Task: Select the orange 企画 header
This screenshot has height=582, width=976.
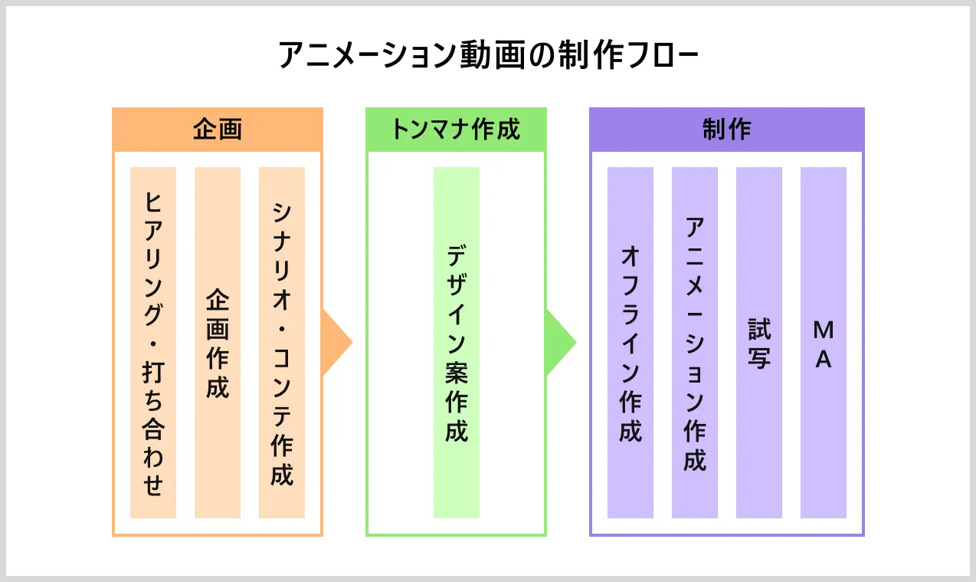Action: [218, 130]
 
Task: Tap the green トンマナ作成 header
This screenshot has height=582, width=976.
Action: [456, 130]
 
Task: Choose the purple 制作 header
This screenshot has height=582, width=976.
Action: [726, 130]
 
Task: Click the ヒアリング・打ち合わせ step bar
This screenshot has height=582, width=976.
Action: [153, 343]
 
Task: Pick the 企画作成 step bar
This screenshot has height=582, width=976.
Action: [218, 343]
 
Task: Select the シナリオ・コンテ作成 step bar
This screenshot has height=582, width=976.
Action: [282, 343]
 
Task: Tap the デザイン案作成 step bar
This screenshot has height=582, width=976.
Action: [457, 343]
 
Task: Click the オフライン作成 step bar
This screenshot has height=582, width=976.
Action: [630, 343]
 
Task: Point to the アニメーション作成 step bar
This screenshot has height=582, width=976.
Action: [695, 343]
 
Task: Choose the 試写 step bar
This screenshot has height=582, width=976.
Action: [759, 343]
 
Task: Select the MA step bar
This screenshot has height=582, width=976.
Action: [824, 343]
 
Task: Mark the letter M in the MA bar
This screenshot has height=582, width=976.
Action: [824, 330]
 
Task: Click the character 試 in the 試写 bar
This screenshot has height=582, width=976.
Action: [759, 330]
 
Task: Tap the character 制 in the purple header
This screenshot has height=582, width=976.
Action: [714, 130]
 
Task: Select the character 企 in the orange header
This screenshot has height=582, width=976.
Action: [205, 130]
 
